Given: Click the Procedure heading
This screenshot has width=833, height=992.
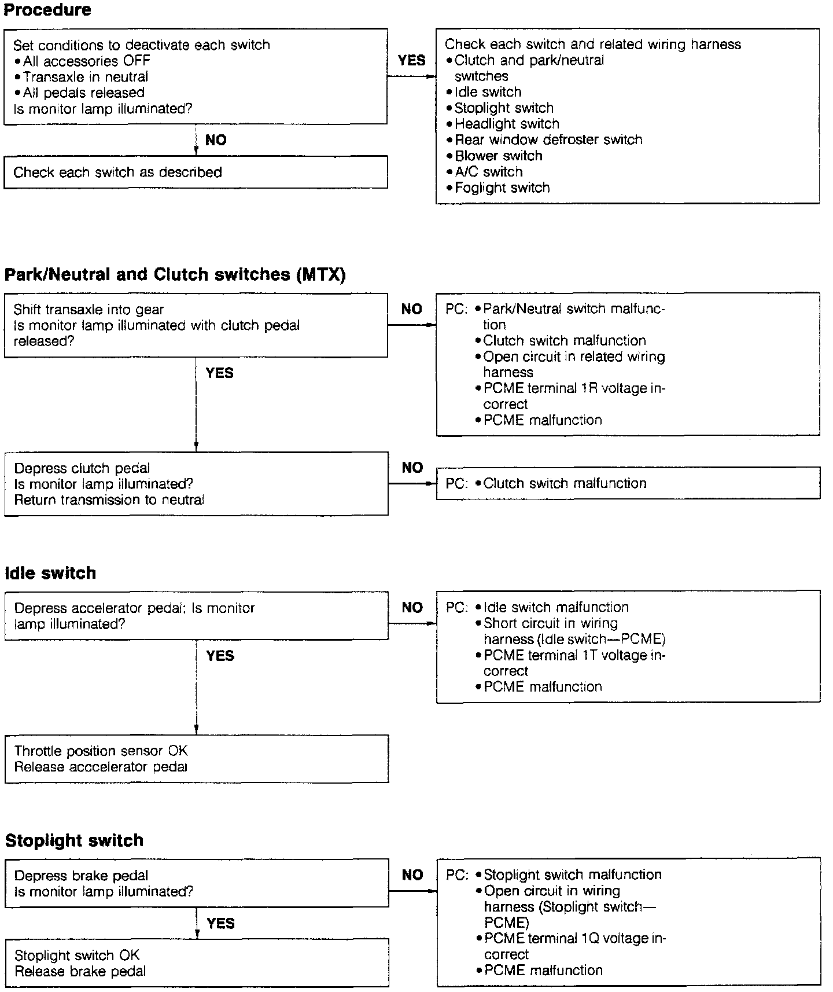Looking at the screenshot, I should click(x=47, y=10).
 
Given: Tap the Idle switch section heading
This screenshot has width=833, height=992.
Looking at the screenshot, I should click(x=50, y=573).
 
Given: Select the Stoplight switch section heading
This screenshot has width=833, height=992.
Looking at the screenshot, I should click(x=74, y=840).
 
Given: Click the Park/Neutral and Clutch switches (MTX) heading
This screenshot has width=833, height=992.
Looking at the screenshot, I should click(x=175, y=274).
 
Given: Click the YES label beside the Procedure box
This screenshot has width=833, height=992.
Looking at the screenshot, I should click(x=412, y=60).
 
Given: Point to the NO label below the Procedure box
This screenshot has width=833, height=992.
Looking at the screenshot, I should click(x=216, y=140).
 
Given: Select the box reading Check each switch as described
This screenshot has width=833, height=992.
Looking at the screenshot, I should click(x=196, y=172).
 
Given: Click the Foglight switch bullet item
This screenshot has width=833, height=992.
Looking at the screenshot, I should click(x=502, y=188).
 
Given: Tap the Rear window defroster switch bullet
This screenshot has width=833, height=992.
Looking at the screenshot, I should click(x=548, y=139).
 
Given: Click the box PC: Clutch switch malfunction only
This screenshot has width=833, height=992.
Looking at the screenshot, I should click(x=628, y=483).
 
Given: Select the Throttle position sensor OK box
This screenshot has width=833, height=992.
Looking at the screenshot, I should click(x=197, y=759).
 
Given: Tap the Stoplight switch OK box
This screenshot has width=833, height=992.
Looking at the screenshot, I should click(x=197, y=963).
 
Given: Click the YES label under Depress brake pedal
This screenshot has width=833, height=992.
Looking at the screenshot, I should click(x=221, y=923).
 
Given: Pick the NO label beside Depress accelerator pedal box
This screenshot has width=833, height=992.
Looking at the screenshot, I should click(x=412, y=608).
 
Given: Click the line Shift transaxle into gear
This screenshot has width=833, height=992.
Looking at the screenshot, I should click(x=89, y=310).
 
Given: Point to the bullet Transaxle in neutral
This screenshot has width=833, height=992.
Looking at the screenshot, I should click(x=86, y=76).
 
